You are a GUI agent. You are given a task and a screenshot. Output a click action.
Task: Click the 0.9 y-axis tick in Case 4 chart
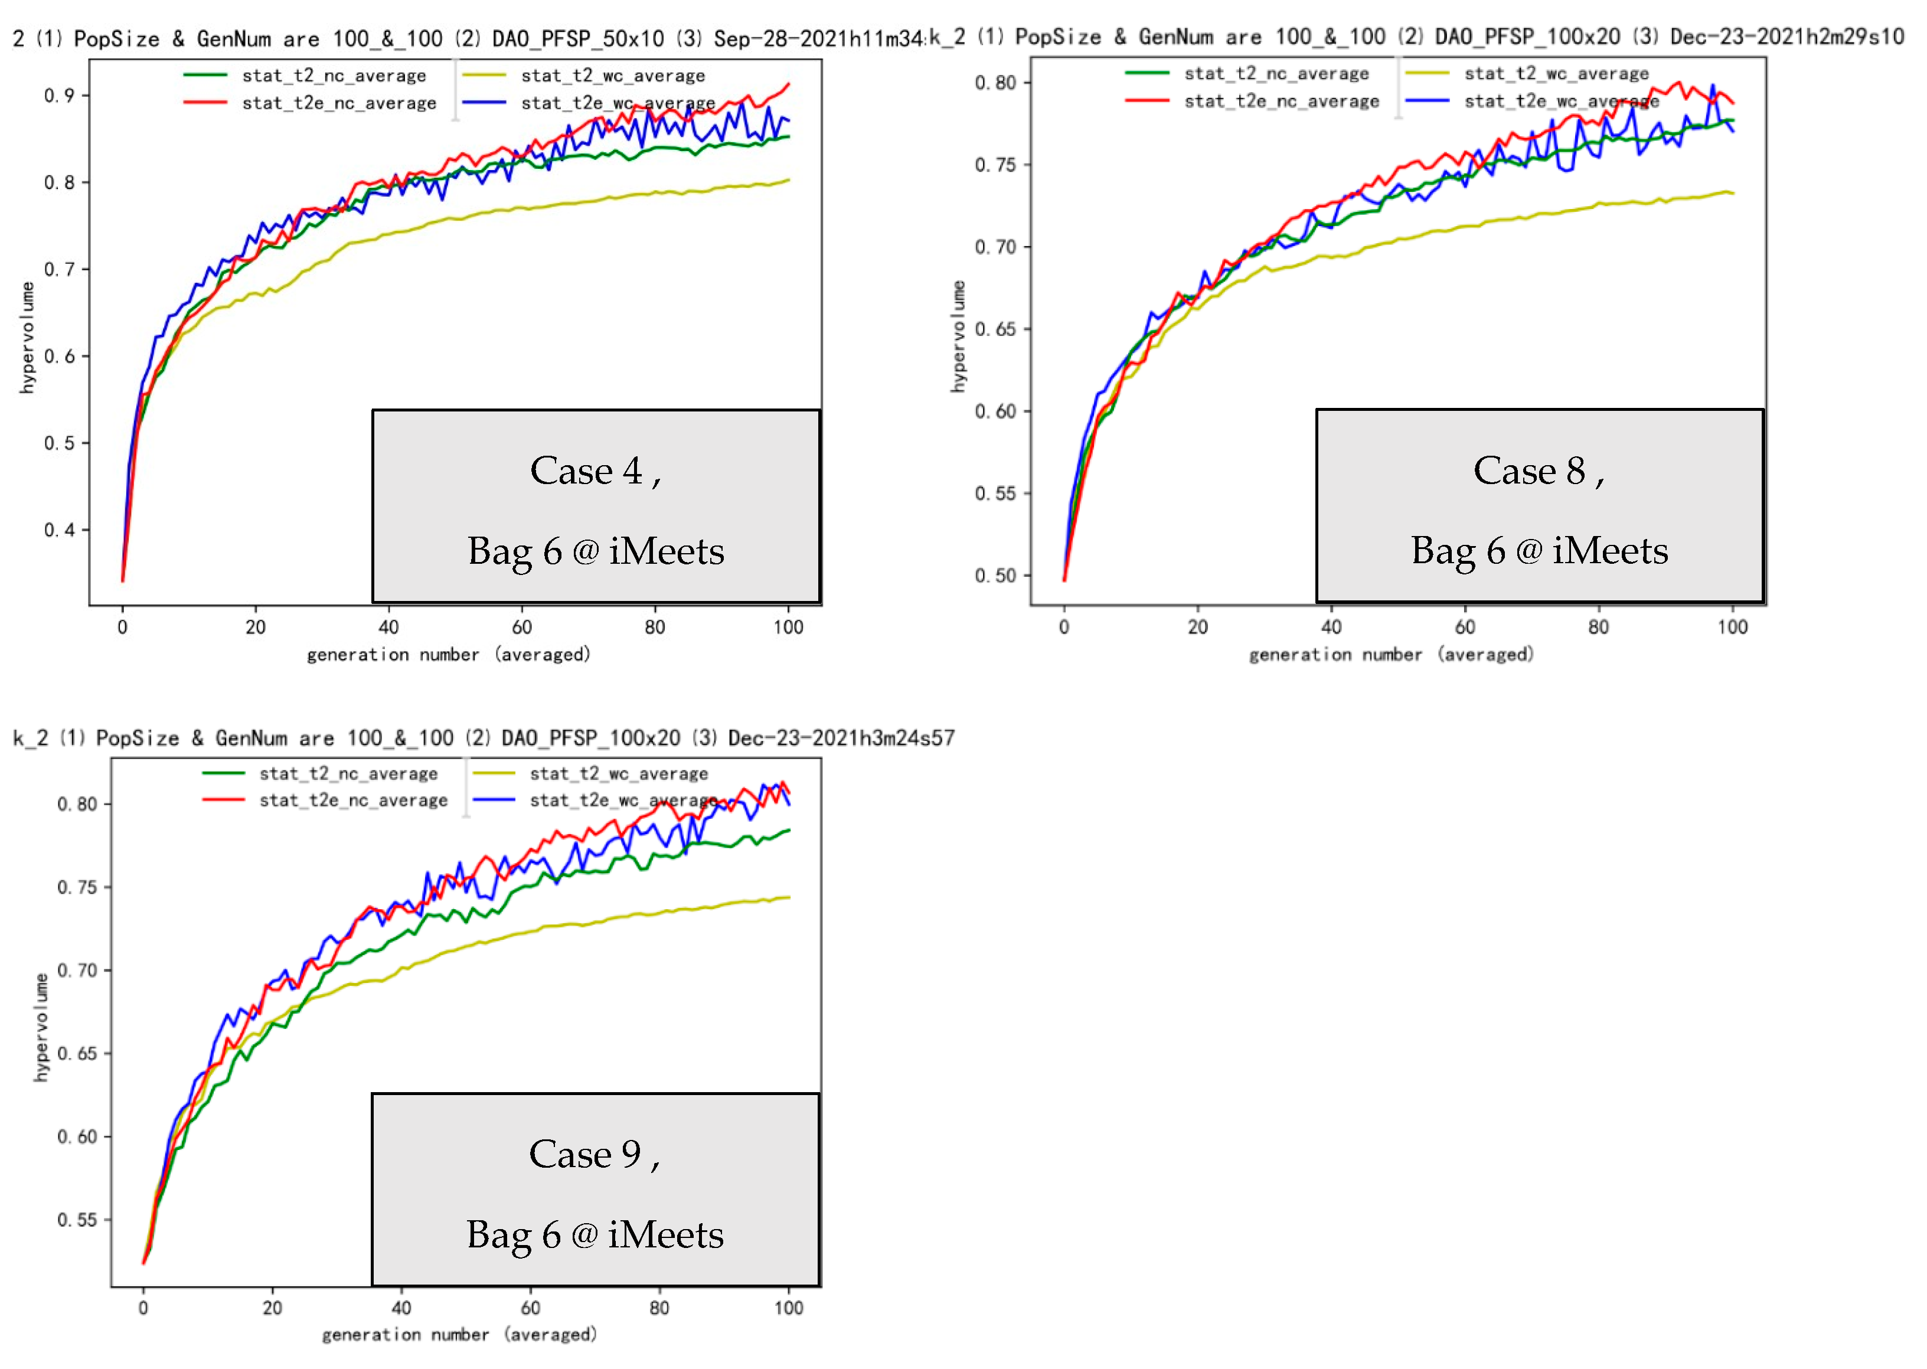[59, 95]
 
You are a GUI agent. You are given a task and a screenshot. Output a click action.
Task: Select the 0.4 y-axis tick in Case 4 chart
[59, 530]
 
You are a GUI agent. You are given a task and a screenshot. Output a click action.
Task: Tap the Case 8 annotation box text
[1539, 509]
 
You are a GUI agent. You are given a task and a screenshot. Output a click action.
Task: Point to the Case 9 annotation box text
[595, 1193]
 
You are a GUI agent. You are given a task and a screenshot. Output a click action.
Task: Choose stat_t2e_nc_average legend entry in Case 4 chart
[339, 103]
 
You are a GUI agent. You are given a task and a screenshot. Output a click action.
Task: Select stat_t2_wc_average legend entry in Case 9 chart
[619, 774]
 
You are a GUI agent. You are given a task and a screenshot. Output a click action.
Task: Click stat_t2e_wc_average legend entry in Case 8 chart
[1561, 101]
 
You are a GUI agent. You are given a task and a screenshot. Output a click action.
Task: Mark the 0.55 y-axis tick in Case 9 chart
[77, 1220]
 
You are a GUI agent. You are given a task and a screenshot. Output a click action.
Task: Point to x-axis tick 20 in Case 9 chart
[272, 1308]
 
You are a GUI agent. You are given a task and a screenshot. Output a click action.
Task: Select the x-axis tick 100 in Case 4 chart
[788, 627]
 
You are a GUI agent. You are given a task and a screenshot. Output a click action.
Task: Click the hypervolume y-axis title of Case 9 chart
[41, 1028]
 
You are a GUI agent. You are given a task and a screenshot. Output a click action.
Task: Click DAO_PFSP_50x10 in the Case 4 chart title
[578, 39]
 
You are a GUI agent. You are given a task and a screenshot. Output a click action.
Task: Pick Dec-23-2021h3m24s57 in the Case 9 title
[841, 739]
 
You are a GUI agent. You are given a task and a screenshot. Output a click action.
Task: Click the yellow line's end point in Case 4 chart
[788, 179]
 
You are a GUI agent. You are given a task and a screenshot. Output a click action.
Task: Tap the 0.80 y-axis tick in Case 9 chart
[77, 804]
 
